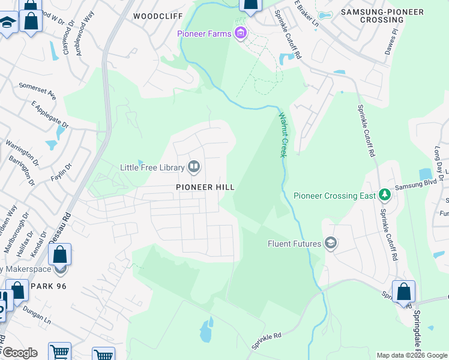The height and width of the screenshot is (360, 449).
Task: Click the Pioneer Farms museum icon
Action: [241, 33]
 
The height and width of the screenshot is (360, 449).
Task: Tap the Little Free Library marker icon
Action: [194, 167]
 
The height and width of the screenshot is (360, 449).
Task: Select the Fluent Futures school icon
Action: [330, 243]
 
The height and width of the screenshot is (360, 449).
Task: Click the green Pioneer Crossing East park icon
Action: [384, 195]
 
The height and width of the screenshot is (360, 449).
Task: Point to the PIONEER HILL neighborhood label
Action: [205, 187]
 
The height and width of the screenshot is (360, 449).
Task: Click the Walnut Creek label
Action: [282, 135]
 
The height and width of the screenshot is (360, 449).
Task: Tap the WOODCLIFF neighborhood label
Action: [157, 16]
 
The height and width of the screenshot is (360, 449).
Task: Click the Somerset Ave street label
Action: [37, 91]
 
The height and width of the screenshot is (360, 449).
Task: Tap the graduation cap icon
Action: [7, 23]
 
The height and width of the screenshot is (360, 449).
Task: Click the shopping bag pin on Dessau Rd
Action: [60, 255]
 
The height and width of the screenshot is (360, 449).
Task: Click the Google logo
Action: [19, 353]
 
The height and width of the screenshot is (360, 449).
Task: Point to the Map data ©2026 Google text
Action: [411, 355]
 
